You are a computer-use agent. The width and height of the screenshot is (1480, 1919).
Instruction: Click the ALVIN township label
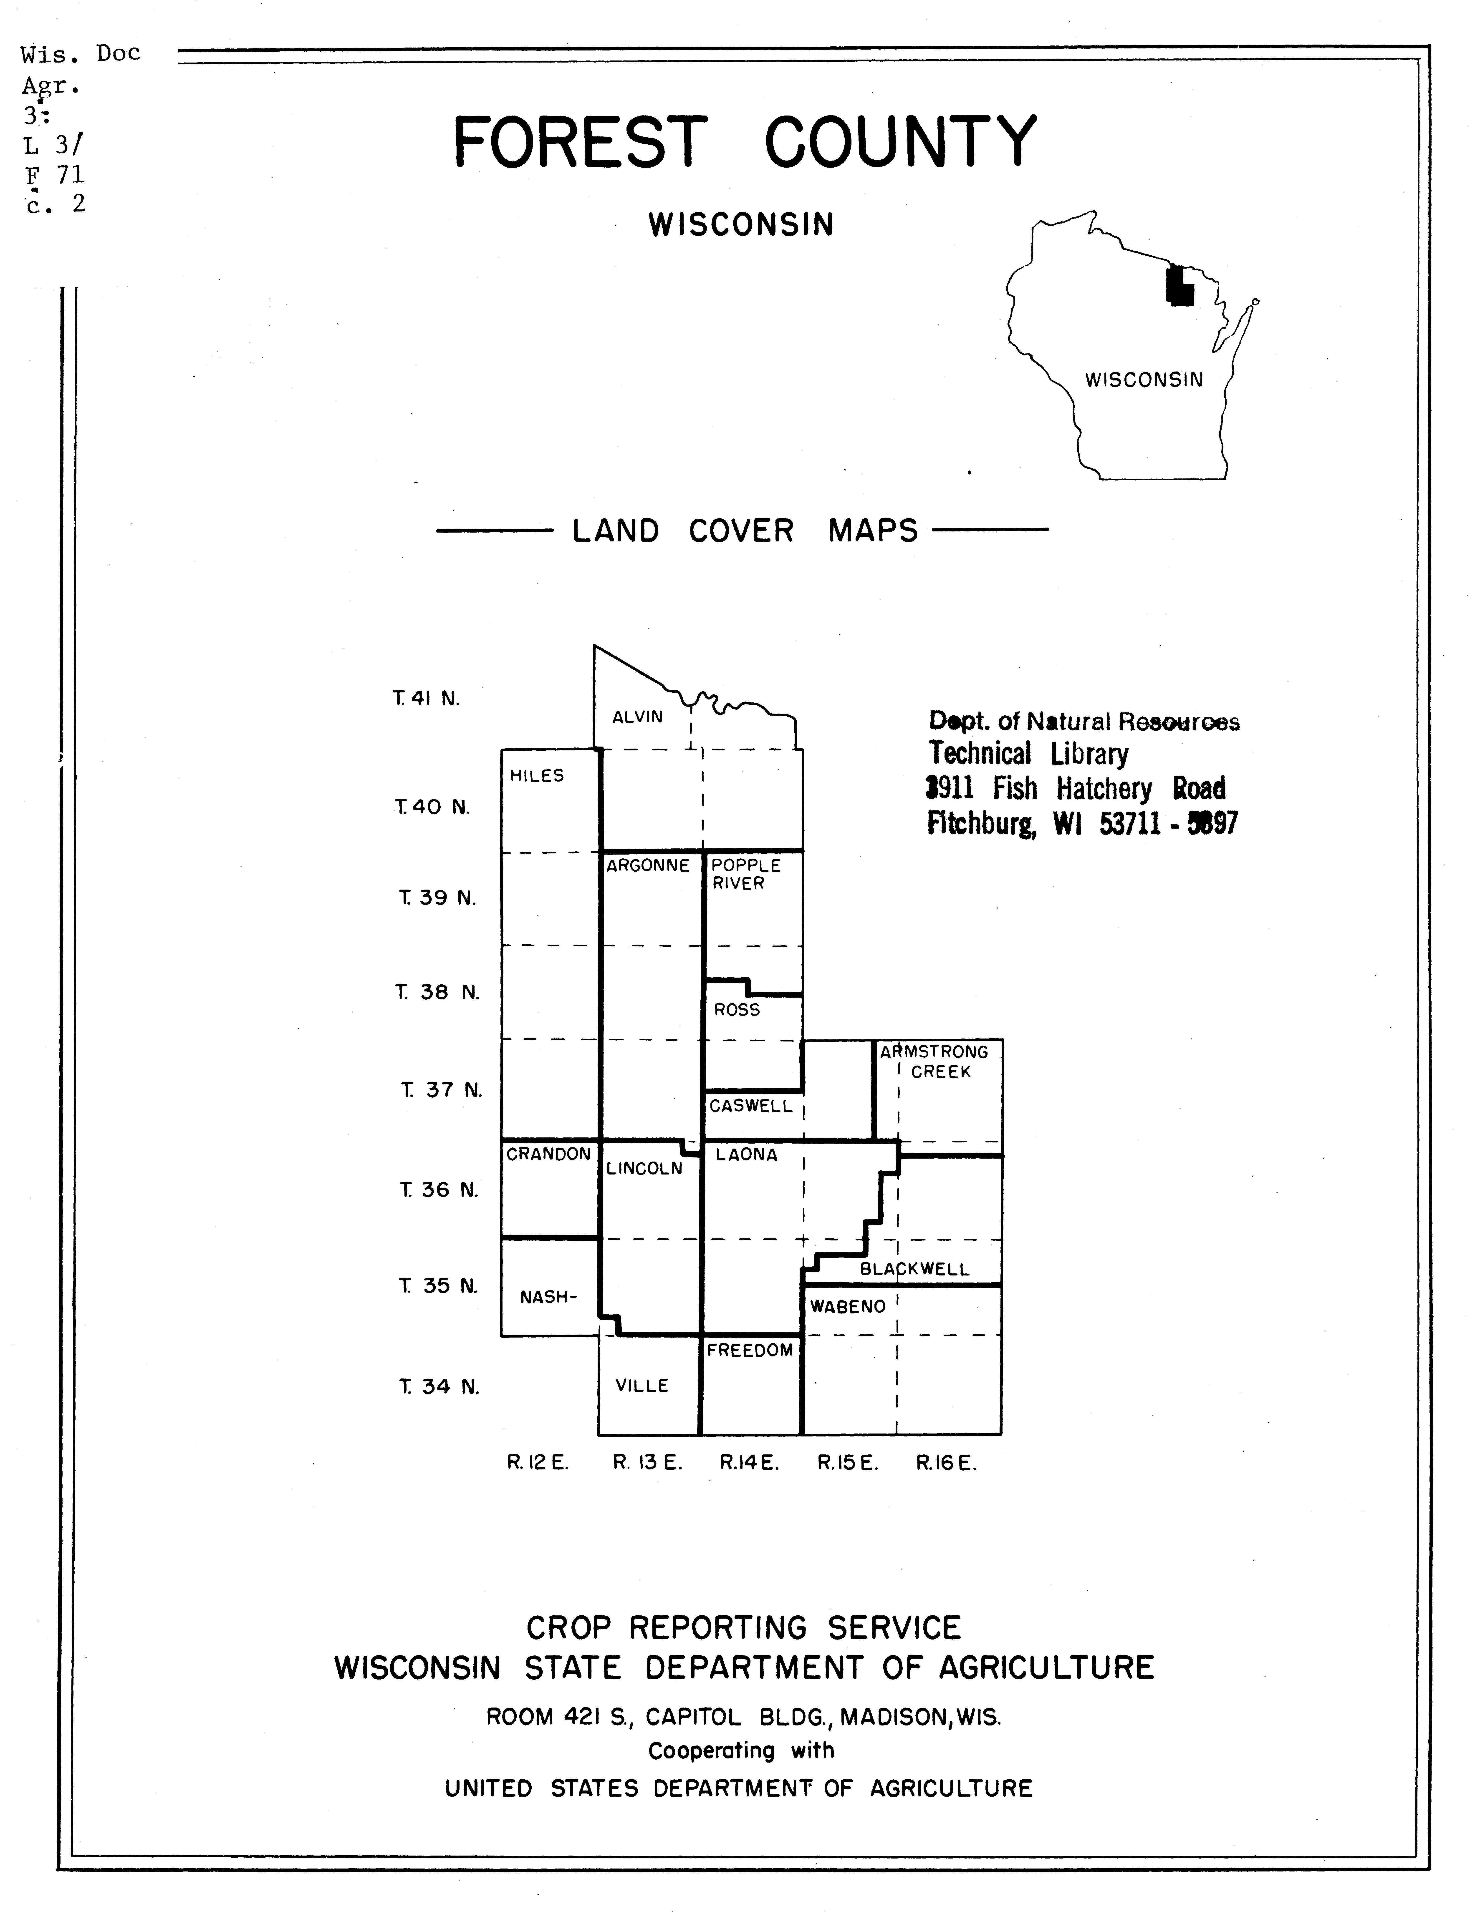637,717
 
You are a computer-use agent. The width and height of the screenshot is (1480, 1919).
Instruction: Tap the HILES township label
537,776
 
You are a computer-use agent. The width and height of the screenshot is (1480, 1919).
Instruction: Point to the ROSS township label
737,1011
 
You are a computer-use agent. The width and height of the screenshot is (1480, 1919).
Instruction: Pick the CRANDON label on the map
548,1154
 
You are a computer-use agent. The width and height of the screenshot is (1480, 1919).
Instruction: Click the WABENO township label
847,1307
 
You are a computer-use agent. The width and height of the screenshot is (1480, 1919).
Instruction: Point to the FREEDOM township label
750,1351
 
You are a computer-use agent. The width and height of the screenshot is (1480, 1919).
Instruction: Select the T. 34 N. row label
439,1386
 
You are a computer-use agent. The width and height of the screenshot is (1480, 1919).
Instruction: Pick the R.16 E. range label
946,1463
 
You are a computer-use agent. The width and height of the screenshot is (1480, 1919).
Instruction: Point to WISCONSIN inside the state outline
1143,380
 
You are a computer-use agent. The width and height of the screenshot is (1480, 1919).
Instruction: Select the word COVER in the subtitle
741,532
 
